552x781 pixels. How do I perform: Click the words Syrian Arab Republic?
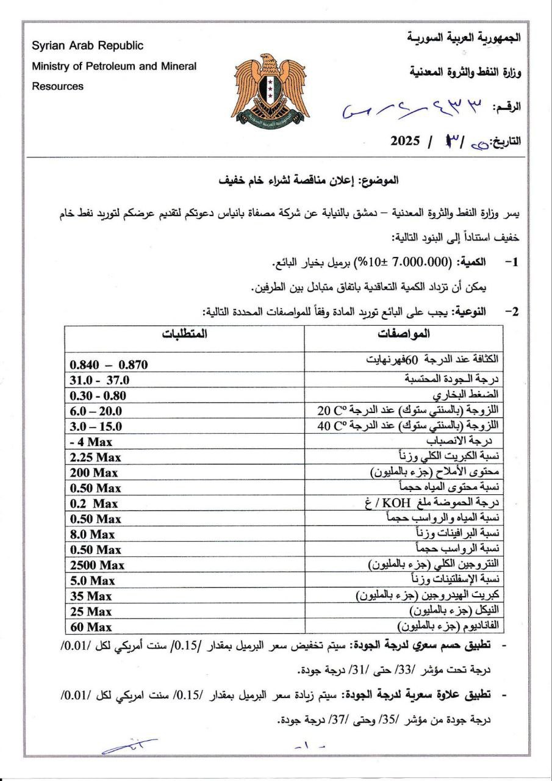[88, 46]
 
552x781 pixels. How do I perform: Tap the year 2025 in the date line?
[406, 142]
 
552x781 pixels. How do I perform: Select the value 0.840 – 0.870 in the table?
[109, 365]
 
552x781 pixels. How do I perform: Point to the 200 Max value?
[94, 472]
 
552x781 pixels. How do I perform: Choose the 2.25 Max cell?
[96, 457]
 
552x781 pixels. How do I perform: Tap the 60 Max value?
[91, 627]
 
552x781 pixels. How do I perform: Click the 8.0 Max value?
[93, 534]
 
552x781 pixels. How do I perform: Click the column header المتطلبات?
[184, 334]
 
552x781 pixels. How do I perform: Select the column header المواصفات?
[404, 334]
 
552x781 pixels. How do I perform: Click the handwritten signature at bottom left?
[129, 746]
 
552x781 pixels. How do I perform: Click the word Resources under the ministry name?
[58, 86]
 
